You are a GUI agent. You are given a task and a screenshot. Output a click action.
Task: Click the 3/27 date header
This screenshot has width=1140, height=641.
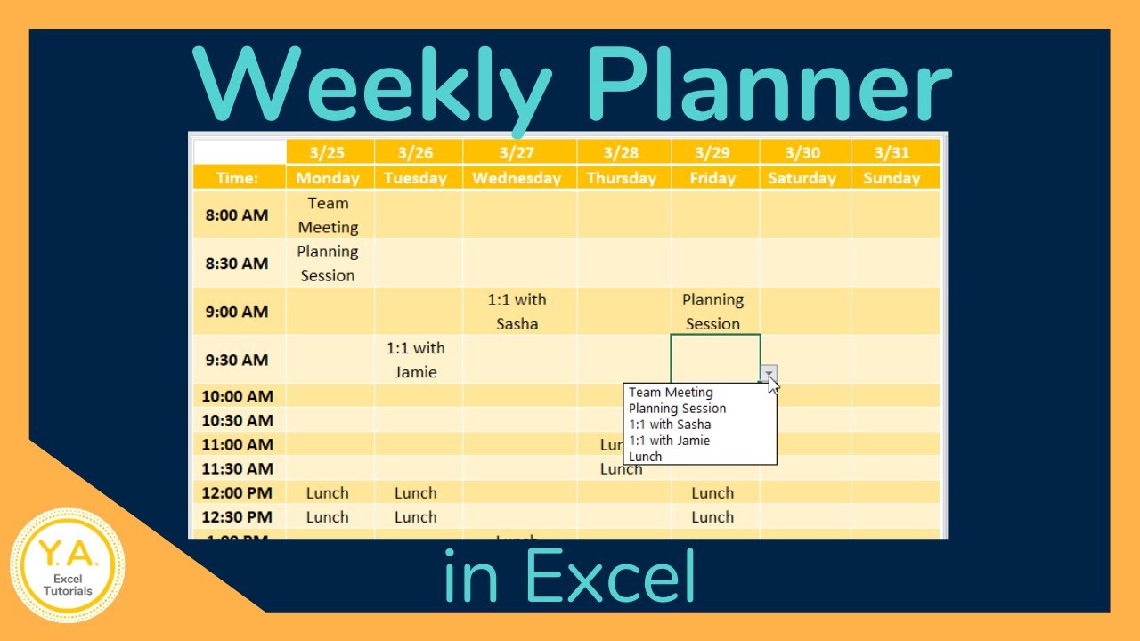517,152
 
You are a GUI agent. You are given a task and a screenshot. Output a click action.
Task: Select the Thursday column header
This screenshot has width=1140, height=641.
622,178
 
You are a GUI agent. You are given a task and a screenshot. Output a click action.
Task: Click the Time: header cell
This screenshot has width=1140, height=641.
236,178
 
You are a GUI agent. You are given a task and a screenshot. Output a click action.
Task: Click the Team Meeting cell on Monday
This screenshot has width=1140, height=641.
328,215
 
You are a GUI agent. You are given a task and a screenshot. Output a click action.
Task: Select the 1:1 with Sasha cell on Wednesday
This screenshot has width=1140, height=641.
517,312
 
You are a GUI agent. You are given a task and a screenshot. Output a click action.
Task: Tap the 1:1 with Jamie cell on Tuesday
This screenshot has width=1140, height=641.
416,360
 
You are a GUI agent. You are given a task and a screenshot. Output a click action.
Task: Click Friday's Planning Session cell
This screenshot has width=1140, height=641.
712,312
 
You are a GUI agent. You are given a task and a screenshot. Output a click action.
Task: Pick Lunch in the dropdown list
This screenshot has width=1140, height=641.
646,457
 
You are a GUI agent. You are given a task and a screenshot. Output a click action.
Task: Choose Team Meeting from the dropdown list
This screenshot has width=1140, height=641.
671,393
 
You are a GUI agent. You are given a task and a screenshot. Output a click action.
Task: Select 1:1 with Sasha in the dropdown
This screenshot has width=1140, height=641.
670,425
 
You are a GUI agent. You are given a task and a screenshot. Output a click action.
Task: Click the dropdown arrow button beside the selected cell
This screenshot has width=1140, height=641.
769,373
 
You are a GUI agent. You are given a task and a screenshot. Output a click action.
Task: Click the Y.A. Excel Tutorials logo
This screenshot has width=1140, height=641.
68,564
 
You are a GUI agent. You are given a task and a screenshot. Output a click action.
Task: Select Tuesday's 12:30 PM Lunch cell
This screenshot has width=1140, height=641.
416,516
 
